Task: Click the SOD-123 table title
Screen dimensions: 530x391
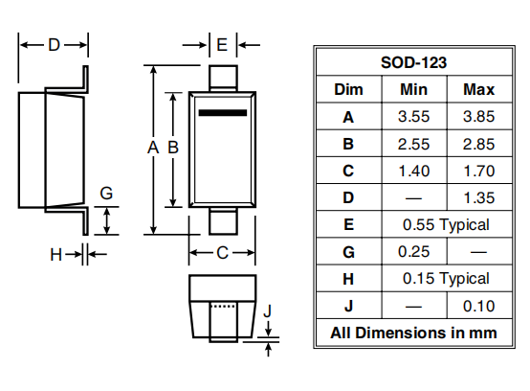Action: tap(413, 62)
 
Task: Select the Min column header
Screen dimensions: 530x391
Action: tap(413, 90)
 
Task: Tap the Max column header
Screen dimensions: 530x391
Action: tap(478, 90)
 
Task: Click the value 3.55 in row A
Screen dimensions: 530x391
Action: tap(413, 117)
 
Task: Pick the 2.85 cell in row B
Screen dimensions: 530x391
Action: tap(478, 144)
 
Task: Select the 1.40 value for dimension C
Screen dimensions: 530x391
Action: tap(413, 171)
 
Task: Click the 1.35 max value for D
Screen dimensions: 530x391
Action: tap(478, 198)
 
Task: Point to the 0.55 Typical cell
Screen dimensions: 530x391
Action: tap(446, 225)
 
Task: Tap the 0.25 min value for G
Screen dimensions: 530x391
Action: tap(413, 252)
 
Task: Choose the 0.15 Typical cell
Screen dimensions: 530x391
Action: tap(446, 279)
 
